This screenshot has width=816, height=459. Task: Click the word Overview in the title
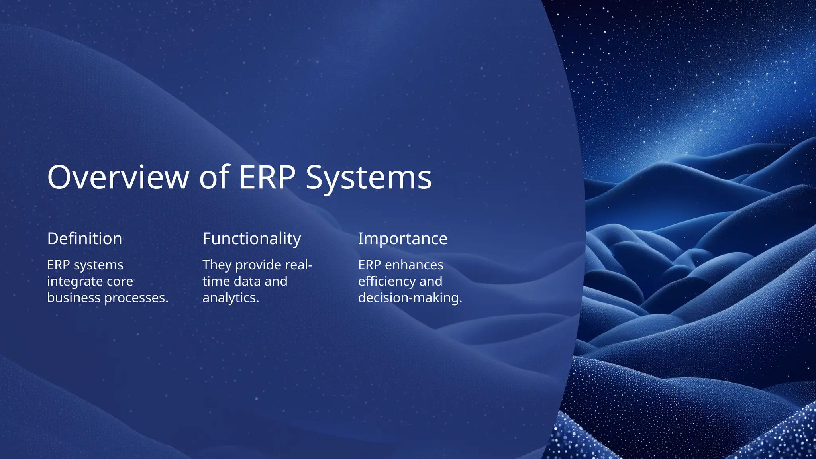[118, 177]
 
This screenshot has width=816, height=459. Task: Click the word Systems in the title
[369, 177]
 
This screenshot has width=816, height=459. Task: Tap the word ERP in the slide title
[267, 177]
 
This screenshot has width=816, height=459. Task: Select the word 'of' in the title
[214, 177]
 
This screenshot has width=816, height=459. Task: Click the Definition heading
[84, 239]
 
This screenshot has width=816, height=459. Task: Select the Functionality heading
[251, 239]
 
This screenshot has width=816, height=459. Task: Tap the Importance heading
[402, 239]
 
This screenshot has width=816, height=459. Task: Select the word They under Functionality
[217, 265]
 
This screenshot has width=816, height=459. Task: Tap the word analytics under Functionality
[230, 298]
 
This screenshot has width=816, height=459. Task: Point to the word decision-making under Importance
[410, 298]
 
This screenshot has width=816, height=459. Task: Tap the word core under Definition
[120, 282]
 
